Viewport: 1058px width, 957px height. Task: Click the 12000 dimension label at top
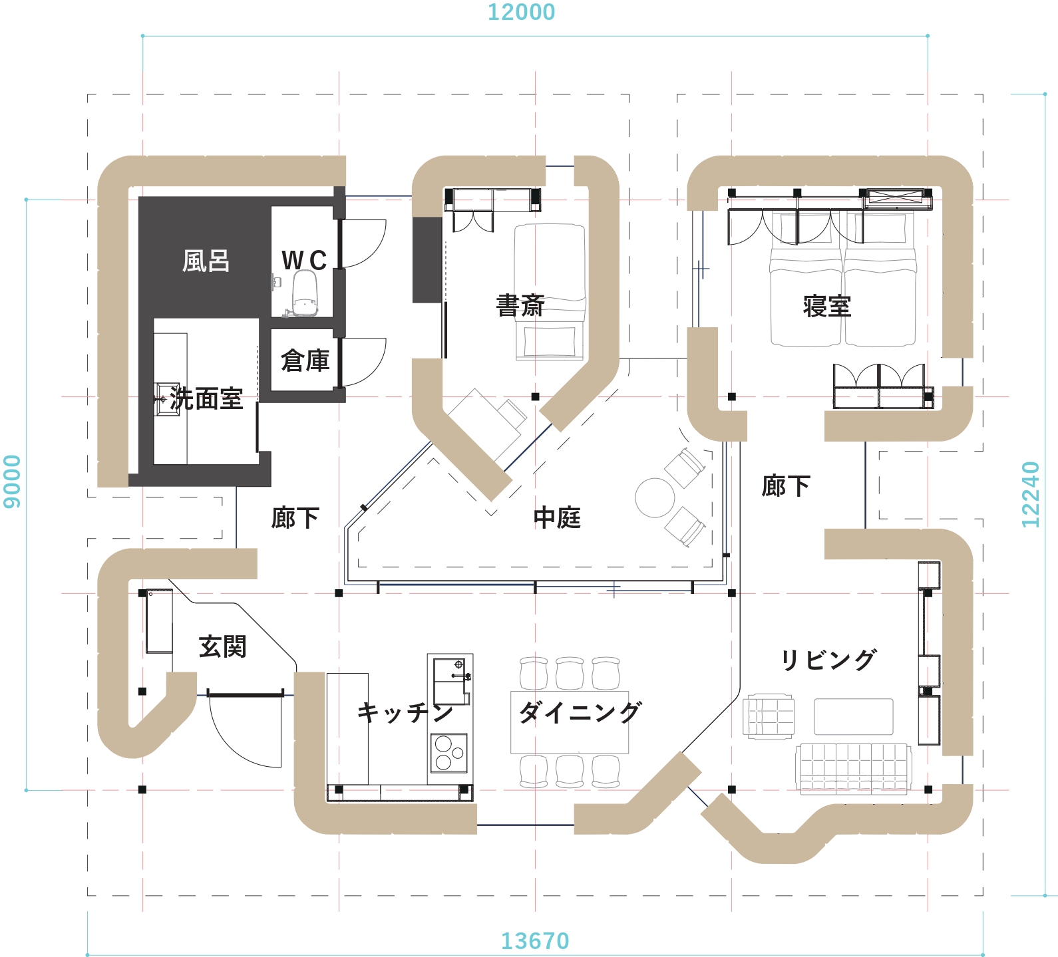521,13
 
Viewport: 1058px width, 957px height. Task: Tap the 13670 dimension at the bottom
535,941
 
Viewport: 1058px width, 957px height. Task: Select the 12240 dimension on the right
1030,495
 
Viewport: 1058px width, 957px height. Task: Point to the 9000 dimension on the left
12,481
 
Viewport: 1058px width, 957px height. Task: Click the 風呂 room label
206,261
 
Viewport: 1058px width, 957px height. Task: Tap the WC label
304,260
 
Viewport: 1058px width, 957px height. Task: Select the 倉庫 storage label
305,360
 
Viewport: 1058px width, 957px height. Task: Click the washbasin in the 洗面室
167,399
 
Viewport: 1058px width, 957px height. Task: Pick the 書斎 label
520,306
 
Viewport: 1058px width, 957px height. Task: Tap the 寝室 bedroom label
827,306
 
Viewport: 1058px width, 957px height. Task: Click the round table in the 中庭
655,497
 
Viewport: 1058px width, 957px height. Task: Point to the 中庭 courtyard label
557,517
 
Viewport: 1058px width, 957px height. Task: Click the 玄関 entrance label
222,646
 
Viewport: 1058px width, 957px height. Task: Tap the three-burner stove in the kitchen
449,753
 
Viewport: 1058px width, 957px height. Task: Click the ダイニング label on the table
580,712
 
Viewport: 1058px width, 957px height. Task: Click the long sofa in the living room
854,768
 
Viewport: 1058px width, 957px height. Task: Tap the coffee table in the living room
854,717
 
